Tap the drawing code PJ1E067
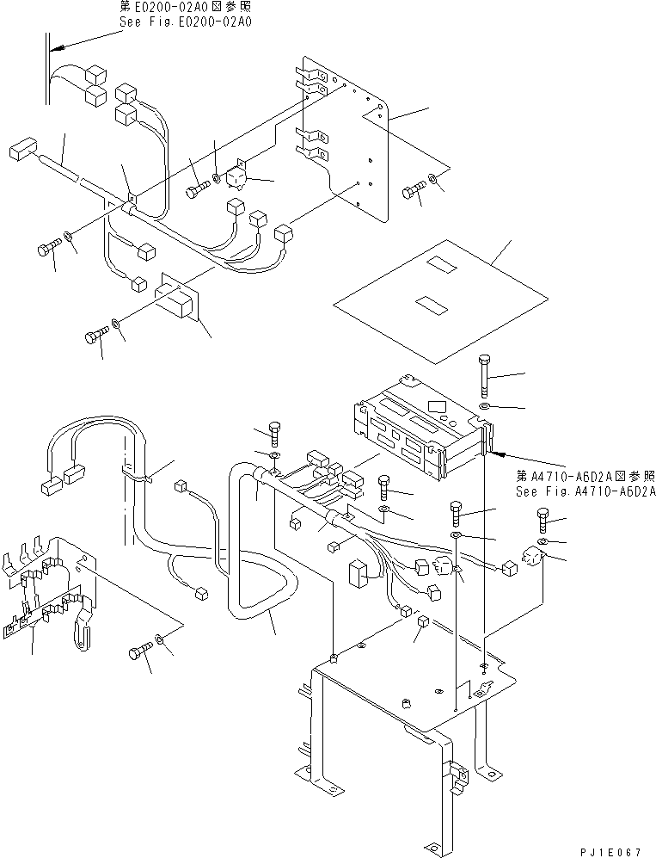coord(610,850)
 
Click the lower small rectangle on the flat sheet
coord(428,302)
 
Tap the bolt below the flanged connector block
coord(95,335)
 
